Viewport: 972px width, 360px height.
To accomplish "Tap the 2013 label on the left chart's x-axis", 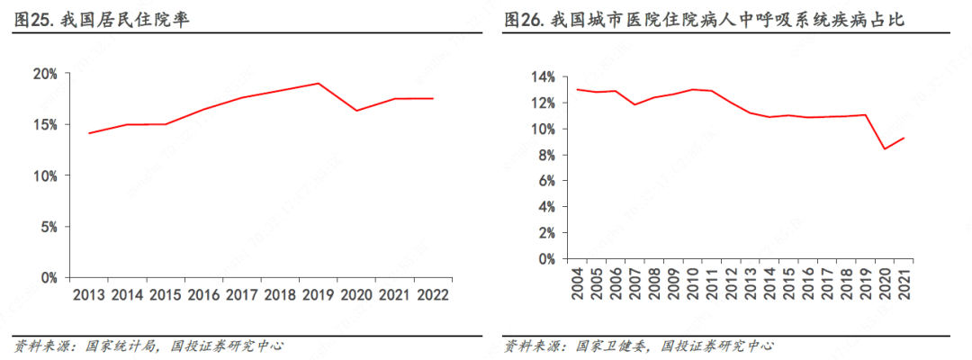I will coord(89,294).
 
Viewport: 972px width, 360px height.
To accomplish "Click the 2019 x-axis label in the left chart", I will coord(318,294).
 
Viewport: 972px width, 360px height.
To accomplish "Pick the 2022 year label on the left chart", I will coord(433,294).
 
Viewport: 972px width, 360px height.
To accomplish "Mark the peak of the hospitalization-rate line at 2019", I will coord(318,83).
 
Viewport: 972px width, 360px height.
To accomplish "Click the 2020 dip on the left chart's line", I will coord(356,111).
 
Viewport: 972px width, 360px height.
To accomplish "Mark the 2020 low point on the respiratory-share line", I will coord(885,148).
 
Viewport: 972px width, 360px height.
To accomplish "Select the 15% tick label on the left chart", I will coord(46,124).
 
